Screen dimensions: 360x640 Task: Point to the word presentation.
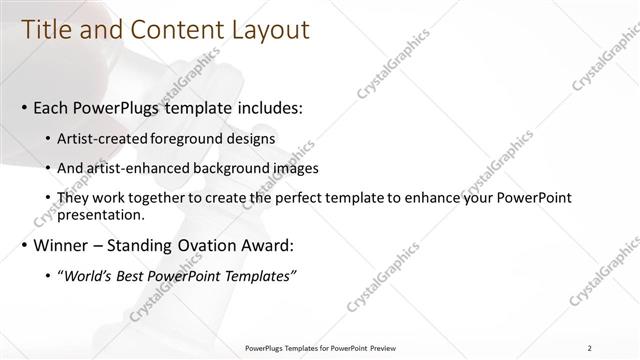[x=103, y=214]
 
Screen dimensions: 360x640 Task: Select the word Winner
[x=60, y=245]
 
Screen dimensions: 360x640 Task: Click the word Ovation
[x=214, y=245]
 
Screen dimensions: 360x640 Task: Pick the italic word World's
[x=86, y=275]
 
